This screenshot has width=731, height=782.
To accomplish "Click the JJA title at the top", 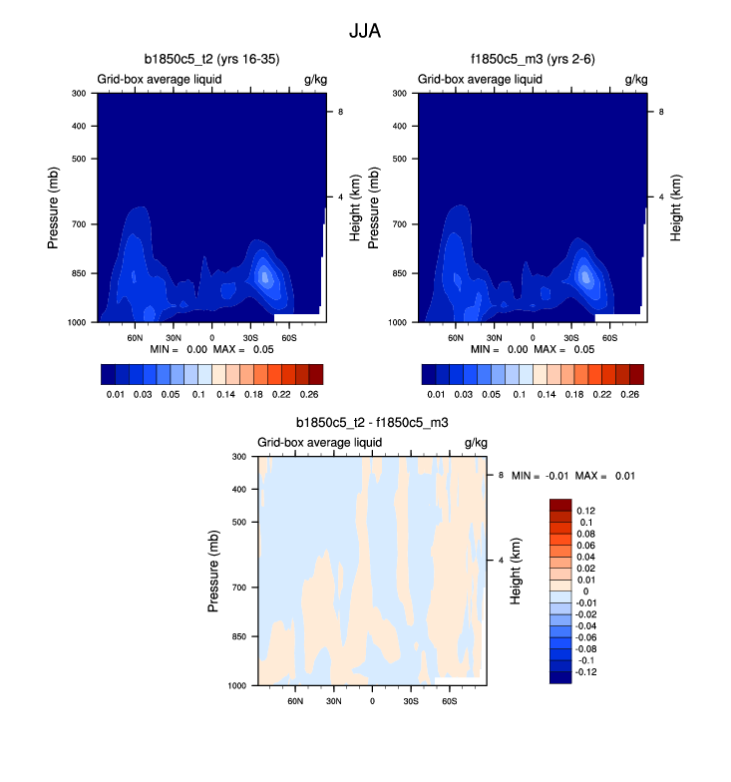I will pos(365,31).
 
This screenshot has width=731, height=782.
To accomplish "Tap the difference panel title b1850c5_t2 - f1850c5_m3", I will pos(372,423).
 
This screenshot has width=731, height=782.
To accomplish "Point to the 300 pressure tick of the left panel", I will pos(79,94).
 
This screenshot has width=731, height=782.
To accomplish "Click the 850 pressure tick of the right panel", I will pos(399,273).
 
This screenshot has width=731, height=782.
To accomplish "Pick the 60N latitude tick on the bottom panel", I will pos(295,701).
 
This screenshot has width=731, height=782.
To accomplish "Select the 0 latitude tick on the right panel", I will pos(533,338).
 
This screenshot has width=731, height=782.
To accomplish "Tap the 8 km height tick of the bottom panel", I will pos(503,476).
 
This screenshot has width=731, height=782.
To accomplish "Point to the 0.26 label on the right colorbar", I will pos(630,396).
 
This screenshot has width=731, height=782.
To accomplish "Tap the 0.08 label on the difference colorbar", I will pos(588,534).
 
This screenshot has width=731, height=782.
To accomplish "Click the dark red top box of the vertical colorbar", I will pos(560,504).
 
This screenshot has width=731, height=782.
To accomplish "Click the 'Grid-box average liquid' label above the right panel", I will pos(479,79).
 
